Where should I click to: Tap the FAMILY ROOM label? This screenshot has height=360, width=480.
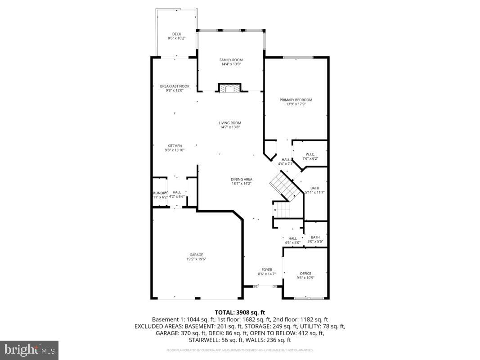coord(231,60)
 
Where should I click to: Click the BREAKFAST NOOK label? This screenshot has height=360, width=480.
coord(175,86)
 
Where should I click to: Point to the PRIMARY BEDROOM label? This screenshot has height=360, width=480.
coord(296,100)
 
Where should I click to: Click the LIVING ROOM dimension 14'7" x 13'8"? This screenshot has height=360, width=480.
coord(230,127)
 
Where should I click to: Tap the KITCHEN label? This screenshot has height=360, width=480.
coord(175,146)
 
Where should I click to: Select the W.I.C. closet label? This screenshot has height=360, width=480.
coord(310,154)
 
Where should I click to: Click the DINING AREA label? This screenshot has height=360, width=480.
coord(242,179)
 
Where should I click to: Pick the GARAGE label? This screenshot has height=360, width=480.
coord(196,255)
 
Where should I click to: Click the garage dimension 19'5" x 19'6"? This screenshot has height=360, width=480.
coord(196,259)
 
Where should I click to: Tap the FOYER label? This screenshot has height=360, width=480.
coord(267,270)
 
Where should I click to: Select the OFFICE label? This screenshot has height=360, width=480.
coord(305,273)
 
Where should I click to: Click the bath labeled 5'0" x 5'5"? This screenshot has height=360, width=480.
coord(315,239)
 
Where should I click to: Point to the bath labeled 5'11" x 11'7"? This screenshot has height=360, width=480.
coord(314,190)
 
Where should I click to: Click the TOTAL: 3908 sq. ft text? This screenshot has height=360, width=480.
coord(240,312)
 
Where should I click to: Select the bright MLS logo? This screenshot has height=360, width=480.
coord(29,350)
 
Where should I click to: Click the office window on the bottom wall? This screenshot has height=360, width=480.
coord(308,298)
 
